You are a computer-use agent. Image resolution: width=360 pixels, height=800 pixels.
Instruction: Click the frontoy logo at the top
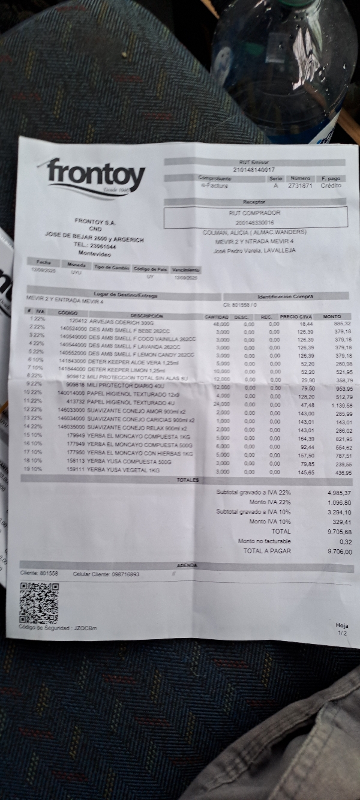click(x=96, y=176)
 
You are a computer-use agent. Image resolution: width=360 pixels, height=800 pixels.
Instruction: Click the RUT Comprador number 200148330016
click(x=254, y=222)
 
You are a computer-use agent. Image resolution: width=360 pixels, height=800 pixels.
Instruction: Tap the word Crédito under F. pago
click(x=331, y=185)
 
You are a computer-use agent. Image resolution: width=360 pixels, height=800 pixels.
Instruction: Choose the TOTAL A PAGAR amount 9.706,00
click(x=340, y=551)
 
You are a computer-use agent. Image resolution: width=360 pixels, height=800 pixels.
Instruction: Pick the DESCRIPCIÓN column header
click(x=146, y=315)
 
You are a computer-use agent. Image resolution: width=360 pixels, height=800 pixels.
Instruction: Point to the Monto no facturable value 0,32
click(x=345, y=541)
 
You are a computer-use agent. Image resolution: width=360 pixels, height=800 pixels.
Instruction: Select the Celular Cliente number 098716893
click(x=125, y=574)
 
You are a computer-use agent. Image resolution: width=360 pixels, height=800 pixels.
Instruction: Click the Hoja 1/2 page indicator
click(x=342, y=629)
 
